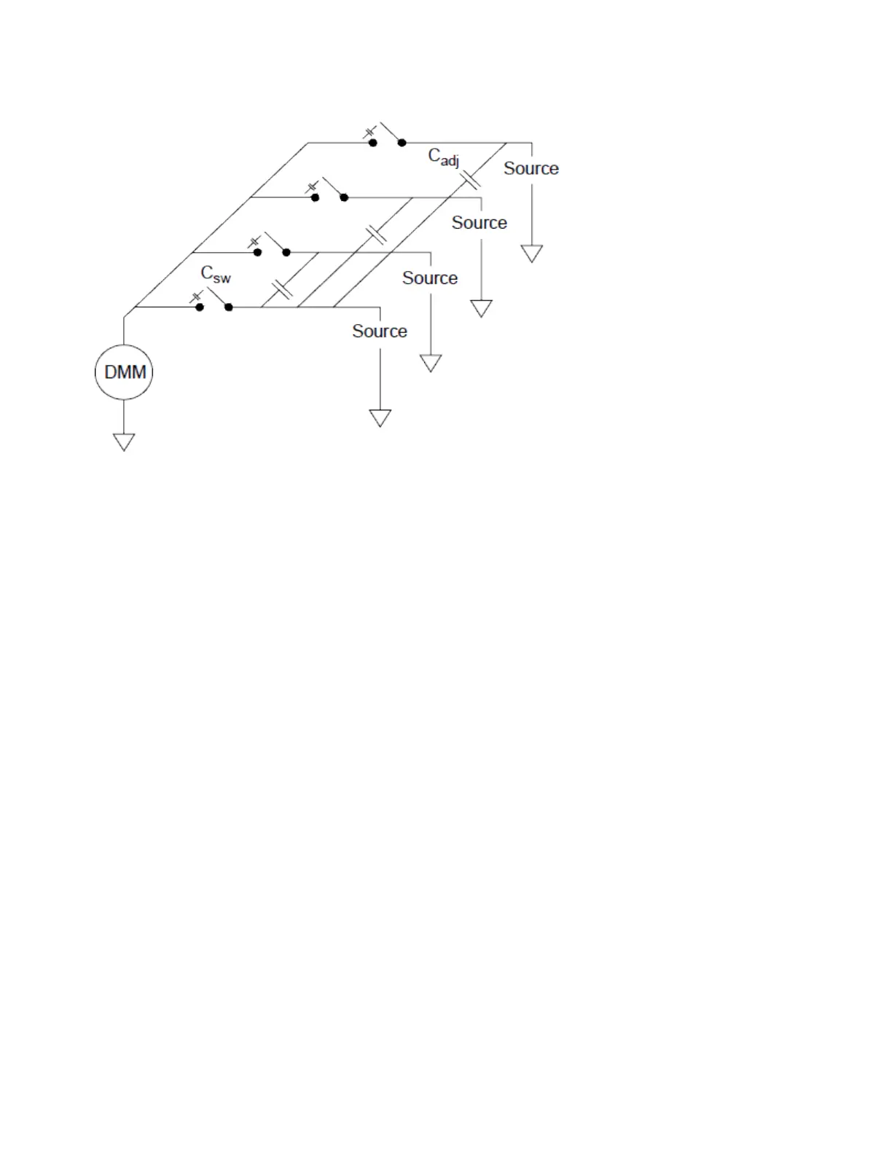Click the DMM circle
tap(124, 372)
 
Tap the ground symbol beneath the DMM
tap(124, 441)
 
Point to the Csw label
tap(216, 275)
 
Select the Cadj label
tap(443, 157)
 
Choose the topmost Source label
tap(531, 168)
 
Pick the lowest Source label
tap(379, 331)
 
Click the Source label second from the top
tap(479, 223)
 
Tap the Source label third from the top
tap(429, 278)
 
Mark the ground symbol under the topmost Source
tap(531, 253)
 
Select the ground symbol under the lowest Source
tap(380, 417)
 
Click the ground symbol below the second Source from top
tap(481, 308)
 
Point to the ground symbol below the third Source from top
tap(431, 363)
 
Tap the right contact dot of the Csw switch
tap(229, 307)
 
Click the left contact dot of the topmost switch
tap(372, 143)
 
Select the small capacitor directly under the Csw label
tap(195, 297)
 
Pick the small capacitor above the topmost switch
tap(369, 133)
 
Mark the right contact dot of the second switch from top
tap(344, 197)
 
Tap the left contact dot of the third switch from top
tap(257, 252)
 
